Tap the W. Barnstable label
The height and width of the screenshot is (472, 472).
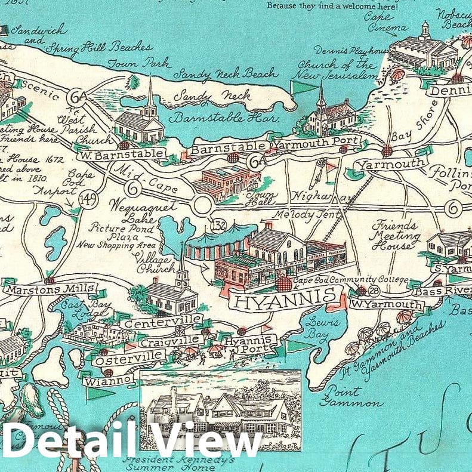pos(122,155)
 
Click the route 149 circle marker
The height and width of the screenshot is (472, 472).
pos(91,200)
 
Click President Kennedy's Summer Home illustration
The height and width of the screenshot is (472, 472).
pos(220,410)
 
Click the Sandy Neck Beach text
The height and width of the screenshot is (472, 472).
pos(226,74)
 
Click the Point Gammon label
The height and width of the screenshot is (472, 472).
pos(351,397)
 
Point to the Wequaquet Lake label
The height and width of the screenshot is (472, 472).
pos(151,211)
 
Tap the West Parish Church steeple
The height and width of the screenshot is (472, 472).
pos(150,95)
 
